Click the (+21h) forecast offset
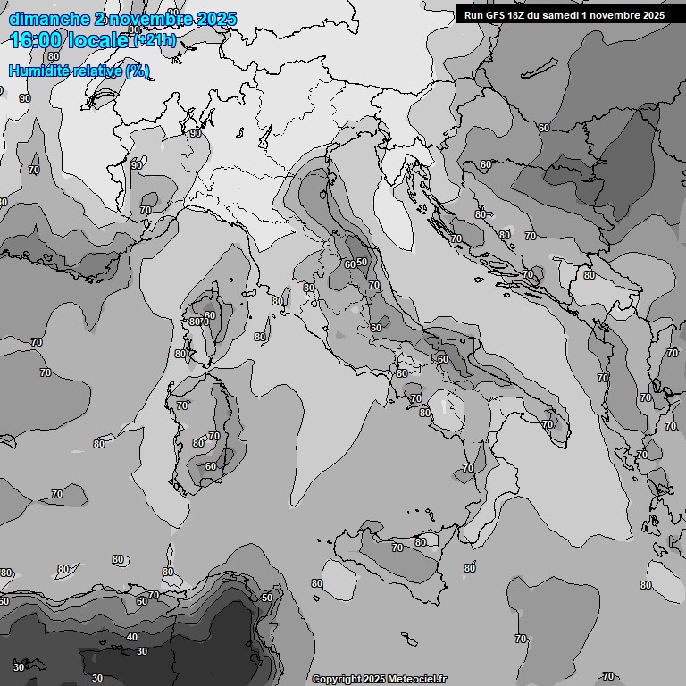(155, 41)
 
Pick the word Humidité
(39, 71)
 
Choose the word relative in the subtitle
(99, 71)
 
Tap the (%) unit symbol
(138, 71)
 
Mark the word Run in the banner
(473, 14)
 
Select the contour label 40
(132, 637)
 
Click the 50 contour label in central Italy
(362, 262)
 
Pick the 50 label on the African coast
(266, 598)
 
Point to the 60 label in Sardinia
(211, 466)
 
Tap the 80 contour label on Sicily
(421, 542)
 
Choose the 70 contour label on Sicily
(397, 548)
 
